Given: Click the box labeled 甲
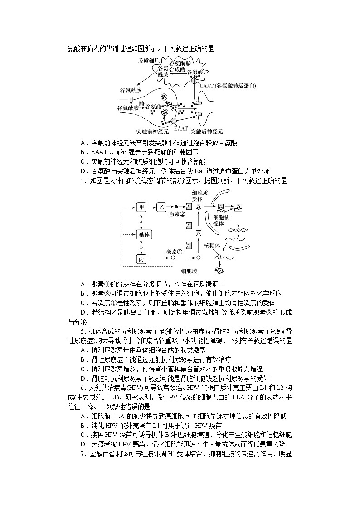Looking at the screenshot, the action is [142, 207].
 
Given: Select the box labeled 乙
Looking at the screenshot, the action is [162, 207].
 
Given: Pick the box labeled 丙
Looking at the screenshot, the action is [142, 258].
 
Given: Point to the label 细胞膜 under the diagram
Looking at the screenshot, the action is [189, 271].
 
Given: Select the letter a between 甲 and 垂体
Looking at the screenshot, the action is [142, 221].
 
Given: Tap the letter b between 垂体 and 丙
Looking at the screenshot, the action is [142, 247].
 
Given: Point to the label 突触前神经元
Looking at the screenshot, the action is [152, 131].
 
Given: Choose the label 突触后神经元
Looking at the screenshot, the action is [207, 131].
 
